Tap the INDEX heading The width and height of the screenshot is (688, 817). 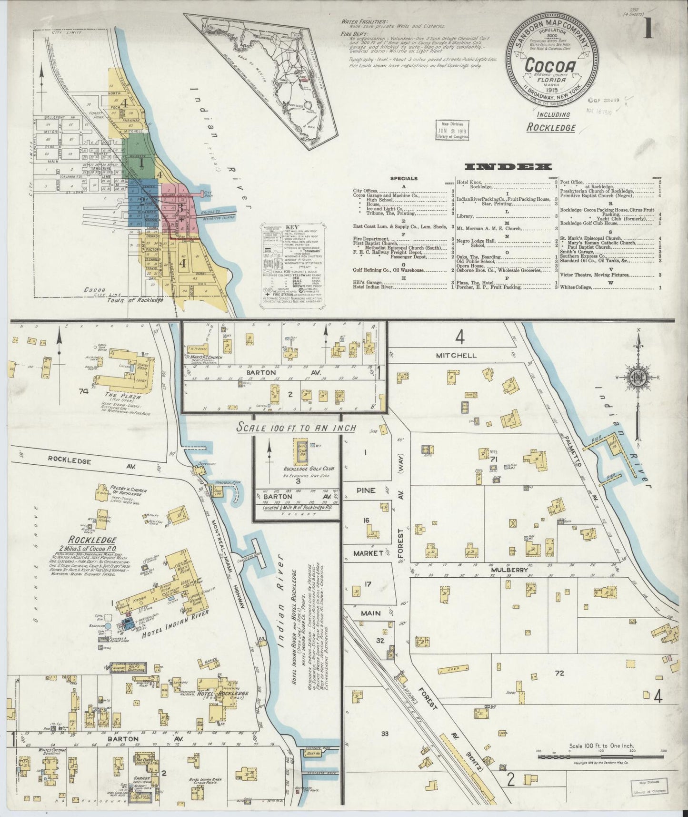click(508, 166)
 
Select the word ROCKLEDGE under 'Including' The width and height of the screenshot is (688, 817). click(551, 128)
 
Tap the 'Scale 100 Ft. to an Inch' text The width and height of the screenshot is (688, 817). click(297, 428)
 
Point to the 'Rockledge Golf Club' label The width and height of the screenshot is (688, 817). click(303, 469)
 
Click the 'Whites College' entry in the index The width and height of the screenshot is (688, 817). click(577, 287)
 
